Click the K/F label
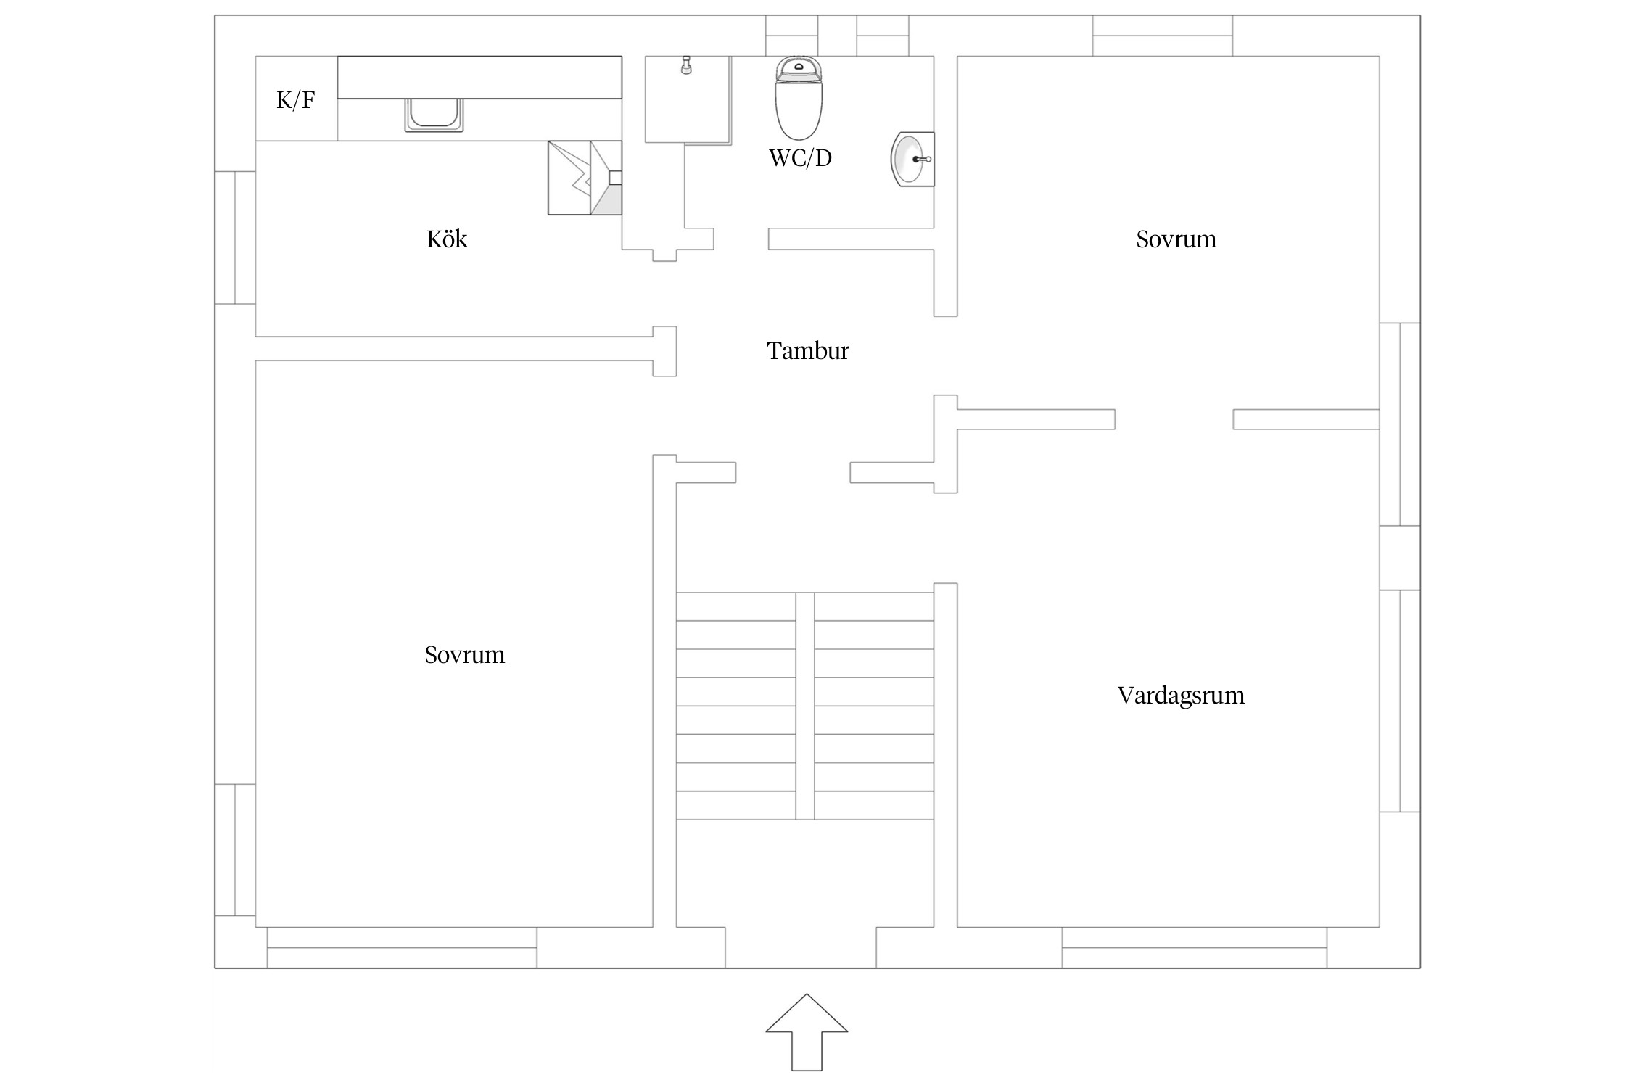point(295,99)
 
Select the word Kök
point(447,239)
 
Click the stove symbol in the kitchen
point(585,178)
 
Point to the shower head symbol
point(685,66)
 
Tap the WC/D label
point(800,157)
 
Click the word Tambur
point(807,350)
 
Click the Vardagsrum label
point(1180,695)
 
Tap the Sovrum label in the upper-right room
point(1176,239)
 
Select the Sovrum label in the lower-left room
point(464,654)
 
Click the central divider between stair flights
point(804,706)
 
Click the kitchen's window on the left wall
point(235,237)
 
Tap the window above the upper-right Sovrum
point(1162,36)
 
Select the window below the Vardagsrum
point(1194,947)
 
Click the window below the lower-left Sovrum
point(402,947)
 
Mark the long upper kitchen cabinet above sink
point(479,77)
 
